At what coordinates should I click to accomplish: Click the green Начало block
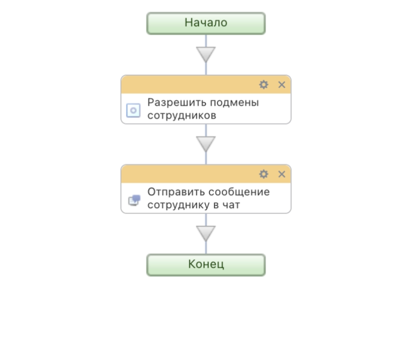(206, 23)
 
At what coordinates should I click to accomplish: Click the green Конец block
(206, 265)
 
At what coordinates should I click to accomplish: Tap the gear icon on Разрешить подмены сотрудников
(264, 85)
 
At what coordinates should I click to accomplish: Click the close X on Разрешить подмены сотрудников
(282, 85)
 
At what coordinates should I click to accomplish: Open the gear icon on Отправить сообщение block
(264, 174)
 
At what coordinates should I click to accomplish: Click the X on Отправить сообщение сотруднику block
(282, 174)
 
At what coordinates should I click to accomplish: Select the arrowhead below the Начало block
(206, 54)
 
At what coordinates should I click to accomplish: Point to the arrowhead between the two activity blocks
(206, 144)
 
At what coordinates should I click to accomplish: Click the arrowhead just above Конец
(206, 233)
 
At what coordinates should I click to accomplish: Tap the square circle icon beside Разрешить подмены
(133, 110)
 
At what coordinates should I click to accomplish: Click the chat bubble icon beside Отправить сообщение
(134, 200)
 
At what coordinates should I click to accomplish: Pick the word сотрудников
(182, 115)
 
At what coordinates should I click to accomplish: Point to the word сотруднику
(179, 205)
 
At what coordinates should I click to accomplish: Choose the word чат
(231, 205)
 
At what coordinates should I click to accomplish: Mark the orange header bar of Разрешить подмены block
(206, 85)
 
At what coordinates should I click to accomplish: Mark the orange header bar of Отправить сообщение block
(206, 174)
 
